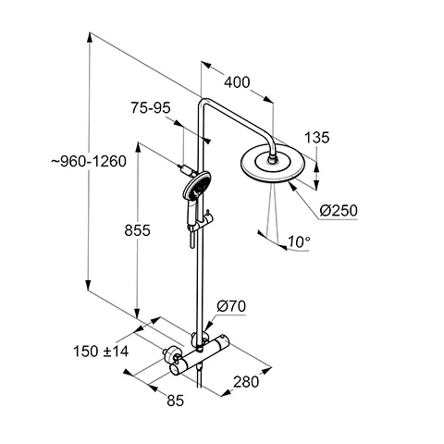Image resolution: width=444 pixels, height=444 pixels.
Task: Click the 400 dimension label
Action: click(x=237, y=82)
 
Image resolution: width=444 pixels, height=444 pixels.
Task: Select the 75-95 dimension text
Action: click(x=151, y=108)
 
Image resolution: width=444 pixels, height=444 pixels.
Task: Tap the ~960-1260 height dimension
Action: click(x=50, y=161)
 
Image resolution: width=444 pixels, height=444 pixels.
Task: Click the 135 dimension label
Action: click(x=317, y=138)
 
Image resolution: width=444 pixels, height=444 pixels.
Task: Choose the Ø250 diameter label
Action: click(x=338, y=211)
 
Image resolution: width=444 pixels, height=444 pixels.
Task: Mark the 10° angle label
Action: click(x=298, y=242)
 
